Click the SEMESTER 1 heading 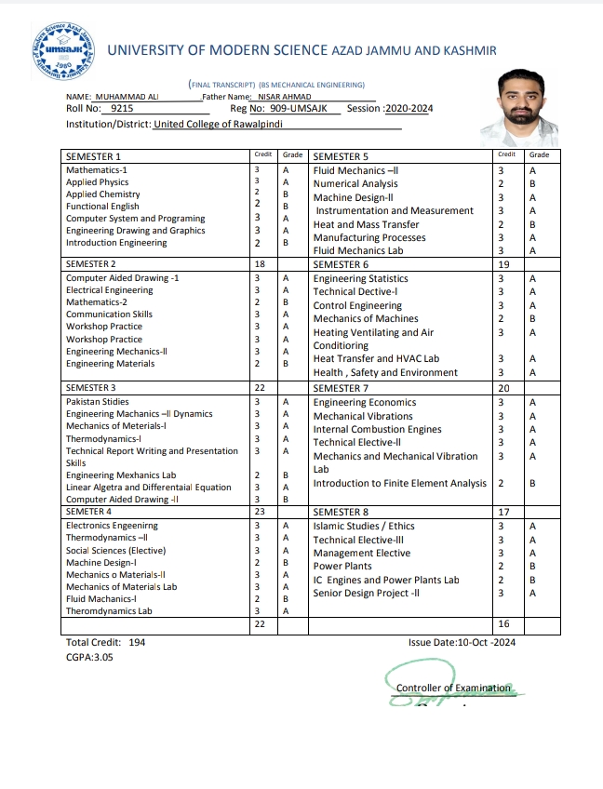click(93, 156)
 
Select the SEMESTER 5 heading click(341, 156)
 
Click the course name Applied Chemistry click(103, 194)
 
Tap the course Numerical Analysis click(355, 184)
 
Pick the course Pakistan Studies click(99, 401)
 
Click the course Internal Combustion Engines click(378, 430)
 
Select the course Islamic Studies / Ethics click(364, 526)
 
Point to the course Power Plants click(342, 566)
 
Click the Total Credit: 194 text click(106, 642)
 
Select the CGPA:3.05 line click(89, 657)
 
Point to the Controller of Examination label click(453, 688)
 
